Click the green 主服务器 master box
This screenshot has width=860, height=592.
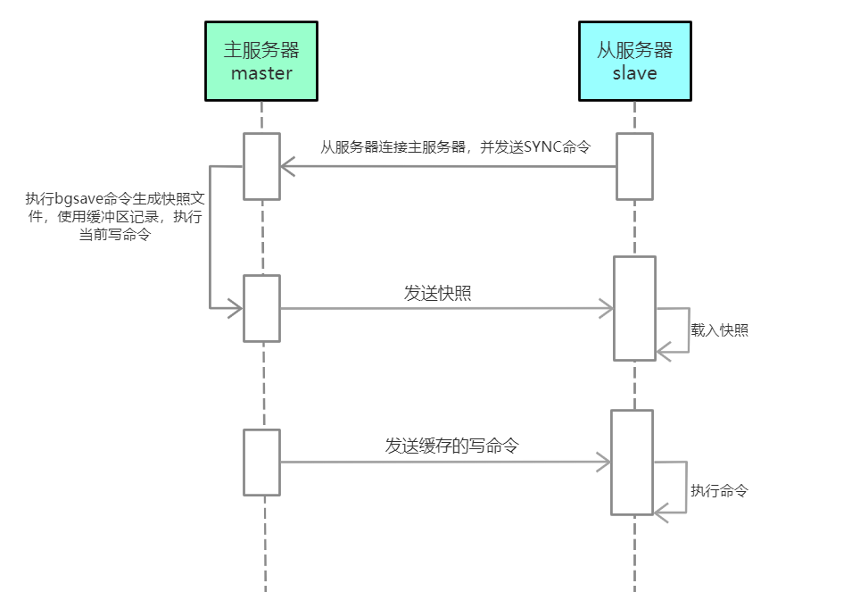(260, 61)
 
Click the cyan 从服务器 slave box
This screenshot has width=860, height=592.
(634, 61)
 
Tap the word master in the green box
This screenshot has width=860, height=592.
(260, 73)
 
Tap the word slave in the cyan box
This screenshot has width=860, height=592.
(634, 73)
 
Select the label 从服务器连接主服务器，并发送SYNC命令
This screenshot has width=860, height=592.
(455, 147)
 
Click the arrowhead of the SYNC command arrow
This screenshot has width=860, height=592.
(286, 166)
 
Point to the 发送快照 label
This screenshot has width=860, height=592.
(437, 293)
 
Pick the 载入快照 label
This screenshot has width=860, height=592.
(719, 330)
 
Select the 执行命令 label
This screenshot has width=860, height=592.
(718, 490)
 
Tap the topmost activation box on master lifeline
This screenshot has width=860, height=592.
(261, 166)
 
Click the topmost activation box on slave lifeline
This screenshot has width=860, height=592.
(634, 166)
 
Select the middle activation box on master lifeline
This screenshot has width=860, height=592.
(261, 308)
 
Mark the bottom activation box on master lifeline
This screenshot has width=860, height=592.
(261, 462)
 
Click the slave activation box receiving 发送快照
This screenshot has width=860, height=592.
(634, 309)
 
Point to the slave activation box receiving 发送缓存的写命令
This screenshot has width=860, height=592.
(632, 462)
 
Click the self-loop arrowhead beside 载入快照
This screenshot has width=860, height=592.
(662, 353)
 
